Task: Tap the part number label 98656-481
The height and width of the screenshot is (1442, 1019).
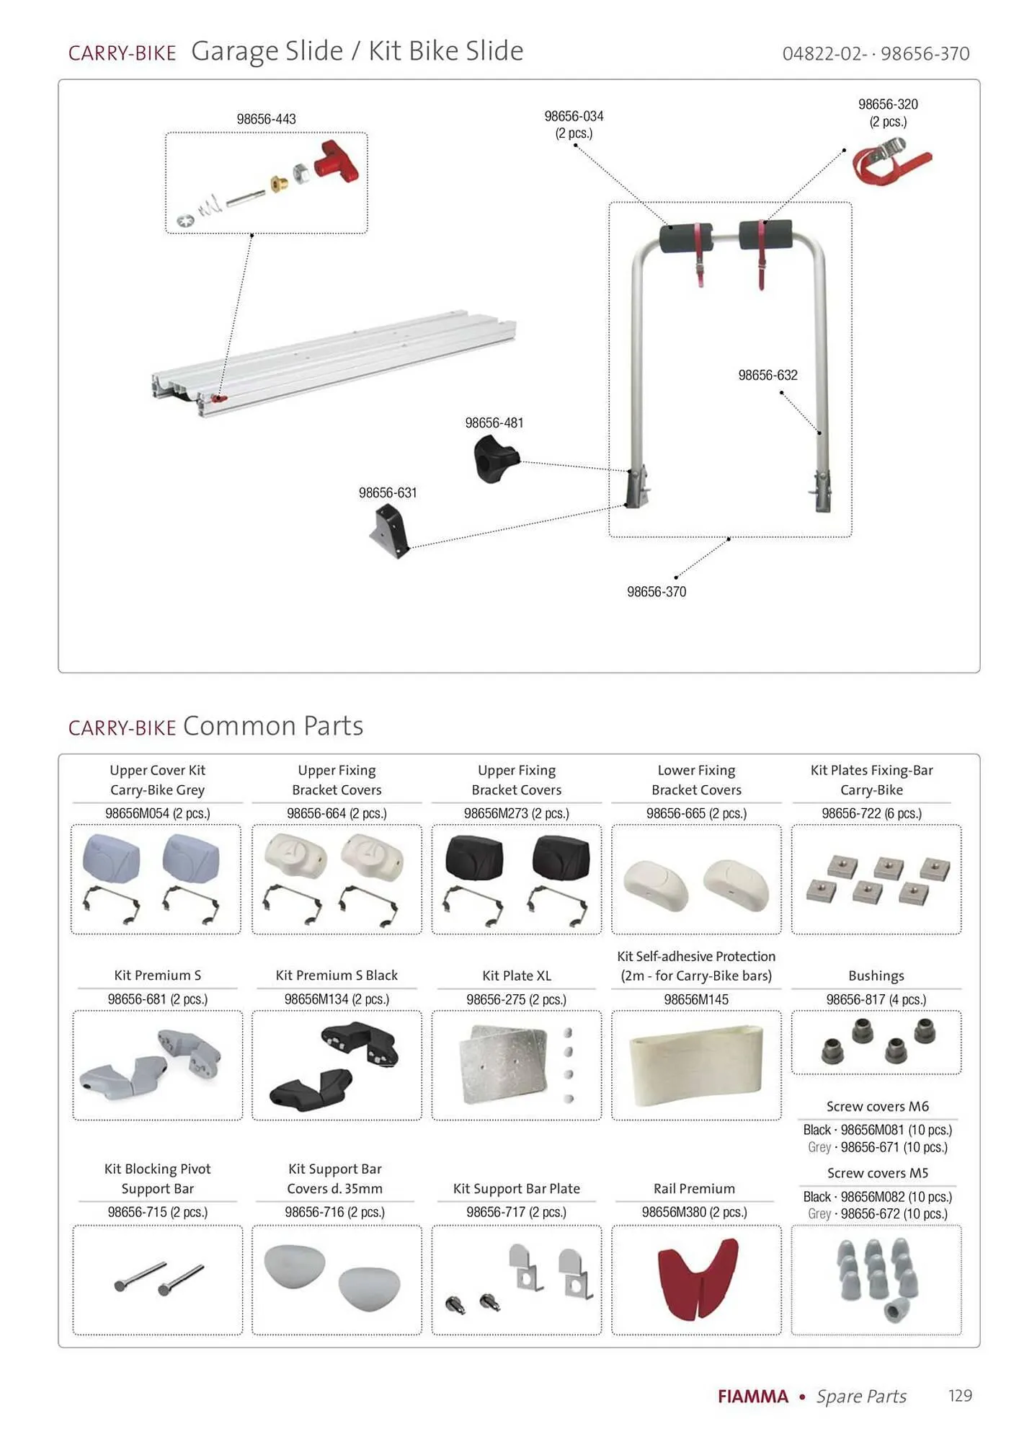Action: pos(494,423)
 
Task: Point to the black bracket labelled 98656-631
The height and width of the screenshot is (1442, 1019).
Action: pos(390,529)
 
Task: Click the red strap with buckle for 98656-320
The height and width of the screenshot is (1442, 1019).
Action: pos(891,162)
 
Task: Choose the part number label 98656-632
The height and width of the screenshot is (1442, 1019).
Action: pos(767,376)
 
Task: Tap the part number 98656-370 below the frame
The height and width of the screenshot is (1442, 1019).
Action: pos(656,592)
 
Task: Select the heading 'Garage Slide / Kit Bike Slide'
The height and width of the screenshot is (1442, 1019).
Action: pos(357,51)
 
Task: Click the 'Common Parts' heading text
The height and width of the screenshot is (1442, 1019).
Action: pos(272,726)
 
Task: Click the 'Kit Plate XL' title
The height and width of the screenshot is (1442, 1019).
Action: pos(516,976)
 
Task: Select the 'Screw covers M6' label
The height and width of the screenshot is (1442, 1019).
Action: pos(877,1106)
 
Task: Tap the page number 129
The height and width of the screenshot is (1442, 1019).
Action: pos(960,1396)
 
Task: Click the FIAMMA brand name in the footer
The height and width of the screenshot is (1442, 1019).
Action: pos(752,1397)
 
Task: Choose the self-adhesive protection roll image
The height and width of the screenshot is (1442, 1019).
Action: pos(696,1064)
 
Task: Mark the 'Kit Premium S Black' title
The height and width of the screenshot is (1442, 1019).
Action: pos(337,976)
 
